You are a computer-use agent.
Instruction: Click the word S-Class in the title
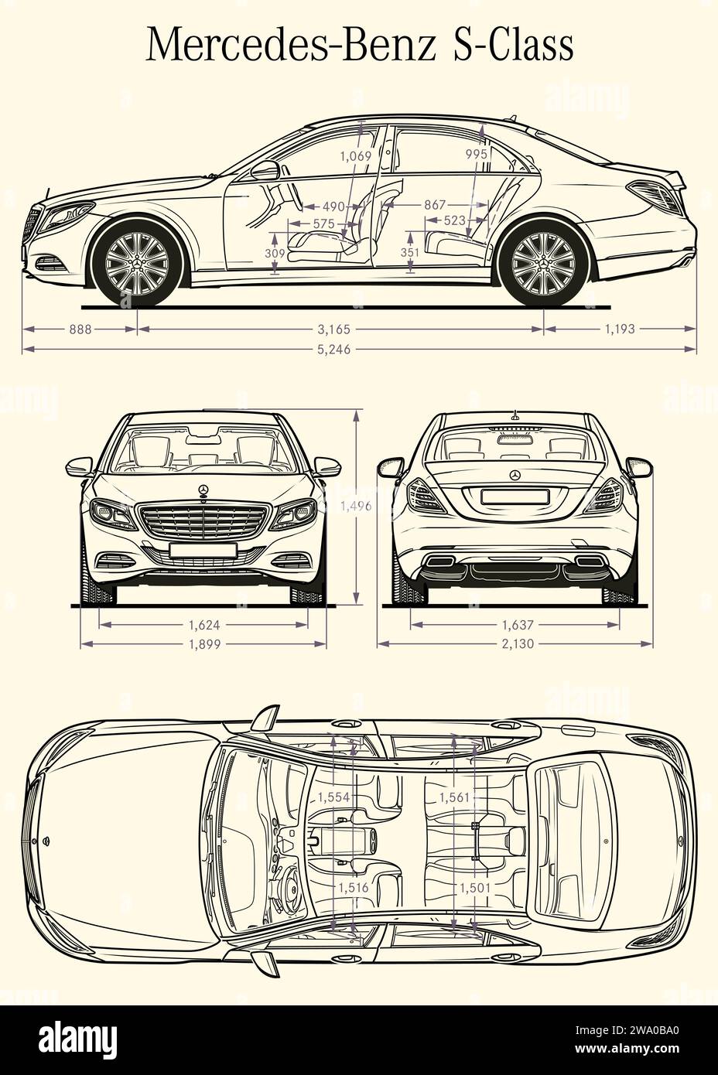(x=512, y=45)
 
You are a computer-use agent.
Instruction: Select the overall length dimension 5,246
(x=333, y=350)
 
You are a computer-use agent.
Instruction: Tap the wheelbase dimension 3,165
(x=333, y=329)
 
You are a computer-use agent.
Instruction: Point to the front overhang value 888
(x=80, y=329)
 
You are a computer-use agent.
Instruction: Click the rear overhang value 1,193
(x=619, y=329)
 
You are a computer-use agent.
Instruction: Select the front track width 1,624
(x=204, y=624)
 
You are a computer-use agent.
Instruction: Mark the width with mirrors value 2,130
(x=515, y=643)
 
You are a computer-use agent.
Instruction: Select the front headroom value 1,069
(x=356, y=155)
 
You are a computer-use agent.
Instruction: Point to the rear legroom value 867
(x=435, y=205)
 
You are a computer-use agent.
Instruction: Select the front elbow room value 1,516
(x=353, y=888)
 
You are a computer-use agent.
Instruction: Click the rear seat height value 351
(x=410, y=252)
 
